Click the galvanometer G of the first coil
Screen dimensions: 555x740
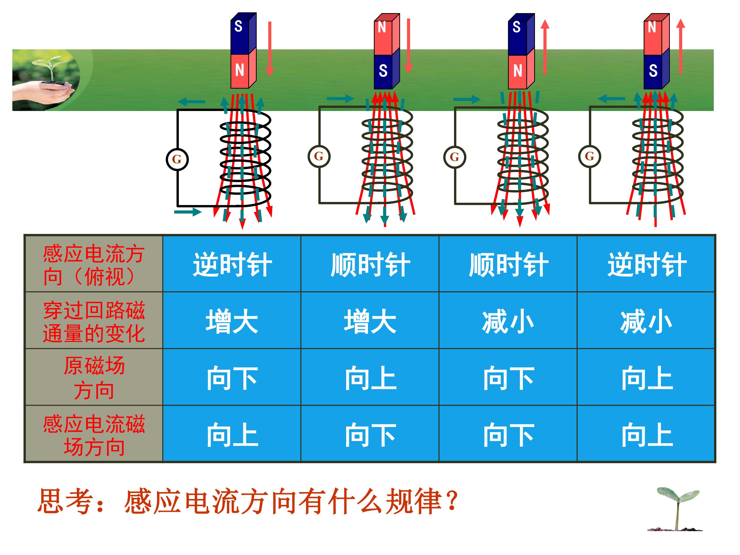point(177,160)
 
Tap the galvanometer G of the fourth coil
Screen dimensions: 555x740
point(589,156)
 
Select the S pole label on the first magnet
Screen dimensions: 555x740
point(238,26)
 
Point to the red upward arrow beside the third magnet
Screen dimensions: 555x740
point(545,47)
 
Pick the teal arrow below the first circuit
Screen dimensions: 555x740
point(187,211)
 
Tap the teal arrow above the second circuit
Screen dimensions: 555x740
point(340,98)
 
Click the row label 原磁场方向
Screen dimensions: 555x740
point(94,378)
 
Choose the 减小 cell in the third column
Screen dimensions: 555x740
point(507,322)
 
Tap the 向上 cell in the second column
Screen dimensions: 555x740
point(370,378)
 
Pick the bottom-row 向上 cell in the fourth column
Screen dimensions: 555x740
point(646,435)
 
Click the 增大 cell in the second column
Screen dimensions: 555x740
point(370,322)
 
